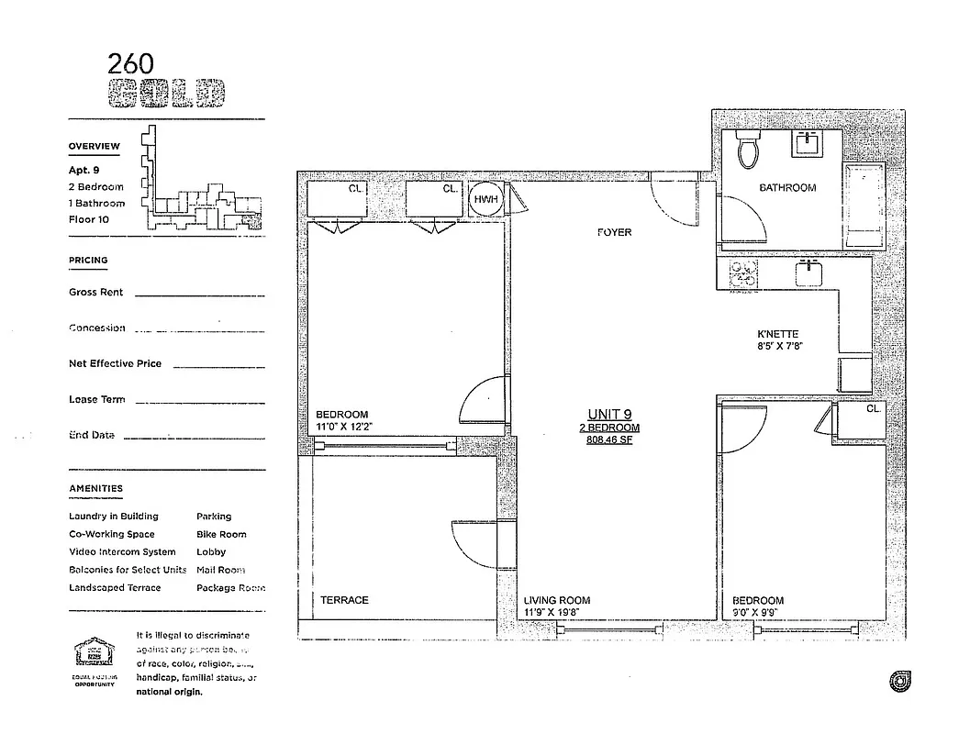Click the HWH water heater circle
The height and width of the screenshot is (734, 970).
coord(485,200)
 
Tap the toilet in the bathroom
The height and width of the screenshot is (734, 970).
coord(750,149)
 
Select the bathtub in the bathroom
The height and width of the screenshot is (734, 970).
coord(864,208)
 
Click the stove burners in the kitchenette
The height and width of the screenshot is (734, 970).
coord(743,272)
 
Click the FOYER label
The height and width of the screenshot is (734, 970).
coord(614,233)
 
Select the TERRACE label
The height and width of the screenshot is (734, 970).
coord(344,600)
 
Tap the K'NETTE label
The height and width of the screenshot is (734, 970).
coord(777,335)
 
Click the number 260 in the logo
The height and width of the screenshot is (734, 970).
coord(131,62)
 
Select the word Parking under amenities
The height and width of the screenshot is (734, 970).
coord(214,517)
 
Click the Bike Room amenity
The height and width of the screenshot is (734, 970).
coord(221,534)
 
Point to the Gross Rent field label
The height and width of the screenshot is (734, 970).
coord(96,293)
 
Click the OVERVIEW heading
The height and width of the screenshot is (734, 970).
coord(94,147)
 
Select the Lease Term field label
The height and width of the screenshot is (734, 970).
coord(97,400)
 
